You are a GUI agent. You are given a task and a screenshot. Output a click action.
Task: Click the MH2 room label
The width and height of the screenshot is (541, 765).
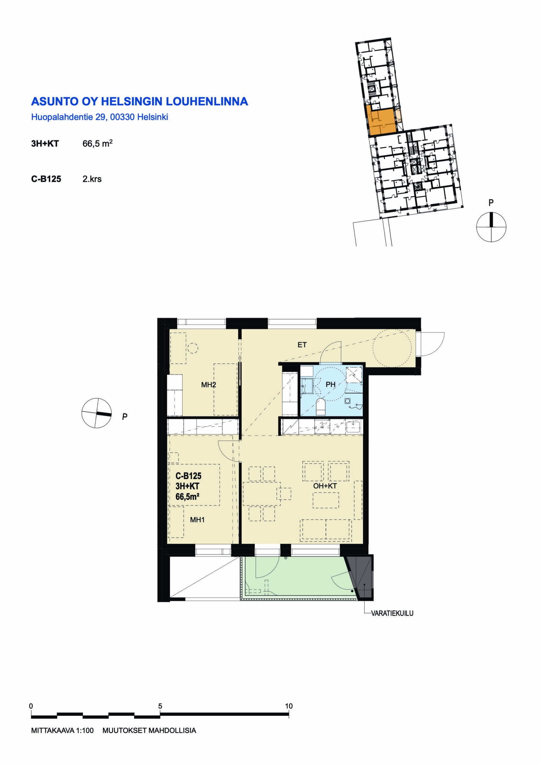click(208, 385)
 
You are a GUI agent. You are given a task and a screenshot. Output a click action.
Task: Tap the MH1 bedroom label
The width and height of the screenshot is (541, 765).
click(197, 519)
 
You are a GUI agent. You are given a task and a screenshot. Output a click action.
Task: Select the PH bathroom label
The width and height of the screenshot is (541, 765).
click(330, 384)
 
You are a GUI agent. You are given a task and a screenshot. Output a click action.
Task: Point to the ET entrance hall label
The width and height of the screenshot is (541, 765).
click(302, 345)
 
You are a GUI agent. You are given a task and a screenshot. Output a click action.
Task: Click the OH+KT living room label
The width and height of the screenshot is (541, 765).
click(325, 486)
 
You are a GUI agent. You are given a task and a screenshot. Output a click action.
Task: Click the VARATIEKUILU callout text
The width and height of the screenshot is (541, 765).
click(392, 613)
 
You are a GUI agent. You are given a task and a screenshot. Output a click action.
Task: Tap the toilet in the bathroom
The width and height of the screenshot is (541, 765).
click(320, 407)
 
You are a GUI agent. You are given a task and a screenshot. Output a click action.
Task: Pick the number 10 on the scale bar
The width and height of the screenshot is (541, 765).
click(289, 706)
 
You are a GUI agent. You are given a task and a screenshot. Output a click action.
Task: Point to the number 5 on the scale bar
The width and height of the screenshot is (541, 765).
click(160, 706)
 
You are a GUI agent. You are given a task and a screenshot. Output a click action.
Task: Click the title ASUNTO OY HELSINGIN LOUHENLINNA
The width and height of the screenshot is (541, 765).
click(139, 101)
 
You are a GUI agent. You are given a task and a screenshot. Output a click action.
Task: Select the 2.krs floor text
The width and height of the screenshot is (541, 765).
click(92, 179)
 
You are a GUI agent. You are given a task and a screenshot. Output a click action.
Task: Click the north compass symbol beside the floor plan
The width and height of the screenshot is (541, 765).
click(97, 413)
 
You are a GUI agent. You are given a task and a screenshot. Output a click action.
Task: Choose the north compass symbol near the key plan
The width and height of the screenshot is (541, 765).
click(491, 227)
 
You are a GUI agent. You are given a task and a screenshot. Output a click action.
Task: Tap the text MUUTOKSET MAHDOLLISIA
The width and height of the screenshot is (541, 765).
click(149, 730)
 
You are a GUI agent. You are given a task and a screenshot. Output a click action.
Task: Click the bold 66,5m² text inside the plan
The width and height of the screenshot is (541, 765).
click(187, 497)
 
